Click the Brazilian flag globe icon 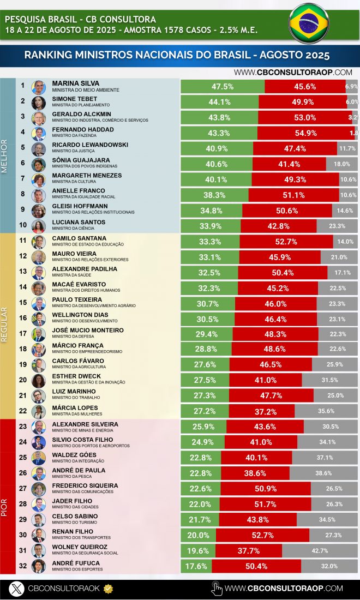(x=309, y=23)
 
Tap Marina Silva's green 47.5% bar (x=223, y=86)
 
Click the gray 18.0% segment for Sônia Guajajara (x=342, y=164)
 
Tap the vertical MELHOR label (x=5, y=156)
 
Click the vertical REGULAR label (x=5, y=324)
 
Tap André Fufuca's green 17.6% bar (x=196, y=566)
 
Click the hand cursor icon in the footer (x=217, y=588)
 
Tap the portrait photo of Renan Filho (x=38, y=535)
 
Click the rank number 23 (x=23, y=427)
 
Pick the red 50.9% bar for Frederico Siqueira (x=266, y=489)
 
